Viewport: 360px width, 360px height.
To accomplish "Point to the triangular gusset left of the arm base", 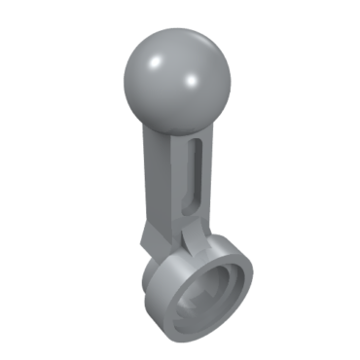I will pos(151,234).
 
